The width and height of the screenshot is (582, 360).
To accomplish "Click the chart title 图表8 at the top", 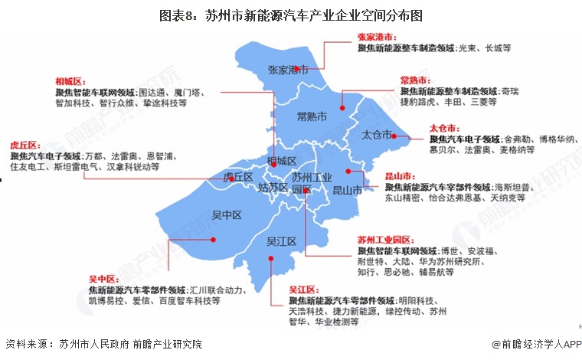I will click(291, 15).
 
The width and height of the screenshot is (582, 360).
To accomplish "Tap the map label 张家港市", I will click(288, 70).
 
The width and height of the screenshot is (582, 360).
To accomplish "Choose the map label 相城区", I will click(281, 161).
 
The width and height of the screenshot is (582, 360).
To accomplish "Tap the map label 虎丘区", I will click(237, 177).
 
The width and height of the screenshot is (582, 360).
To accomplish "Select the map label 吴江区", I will click(281, 241).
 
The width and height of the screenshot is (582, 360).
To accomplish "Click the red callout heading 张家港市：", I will click(378, 37).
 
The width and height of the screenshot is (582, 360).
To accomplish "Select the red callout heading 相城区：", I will click(70, 80).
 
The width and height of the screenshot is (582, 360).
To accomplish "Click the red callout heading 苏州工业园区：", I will click(385, 240).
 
